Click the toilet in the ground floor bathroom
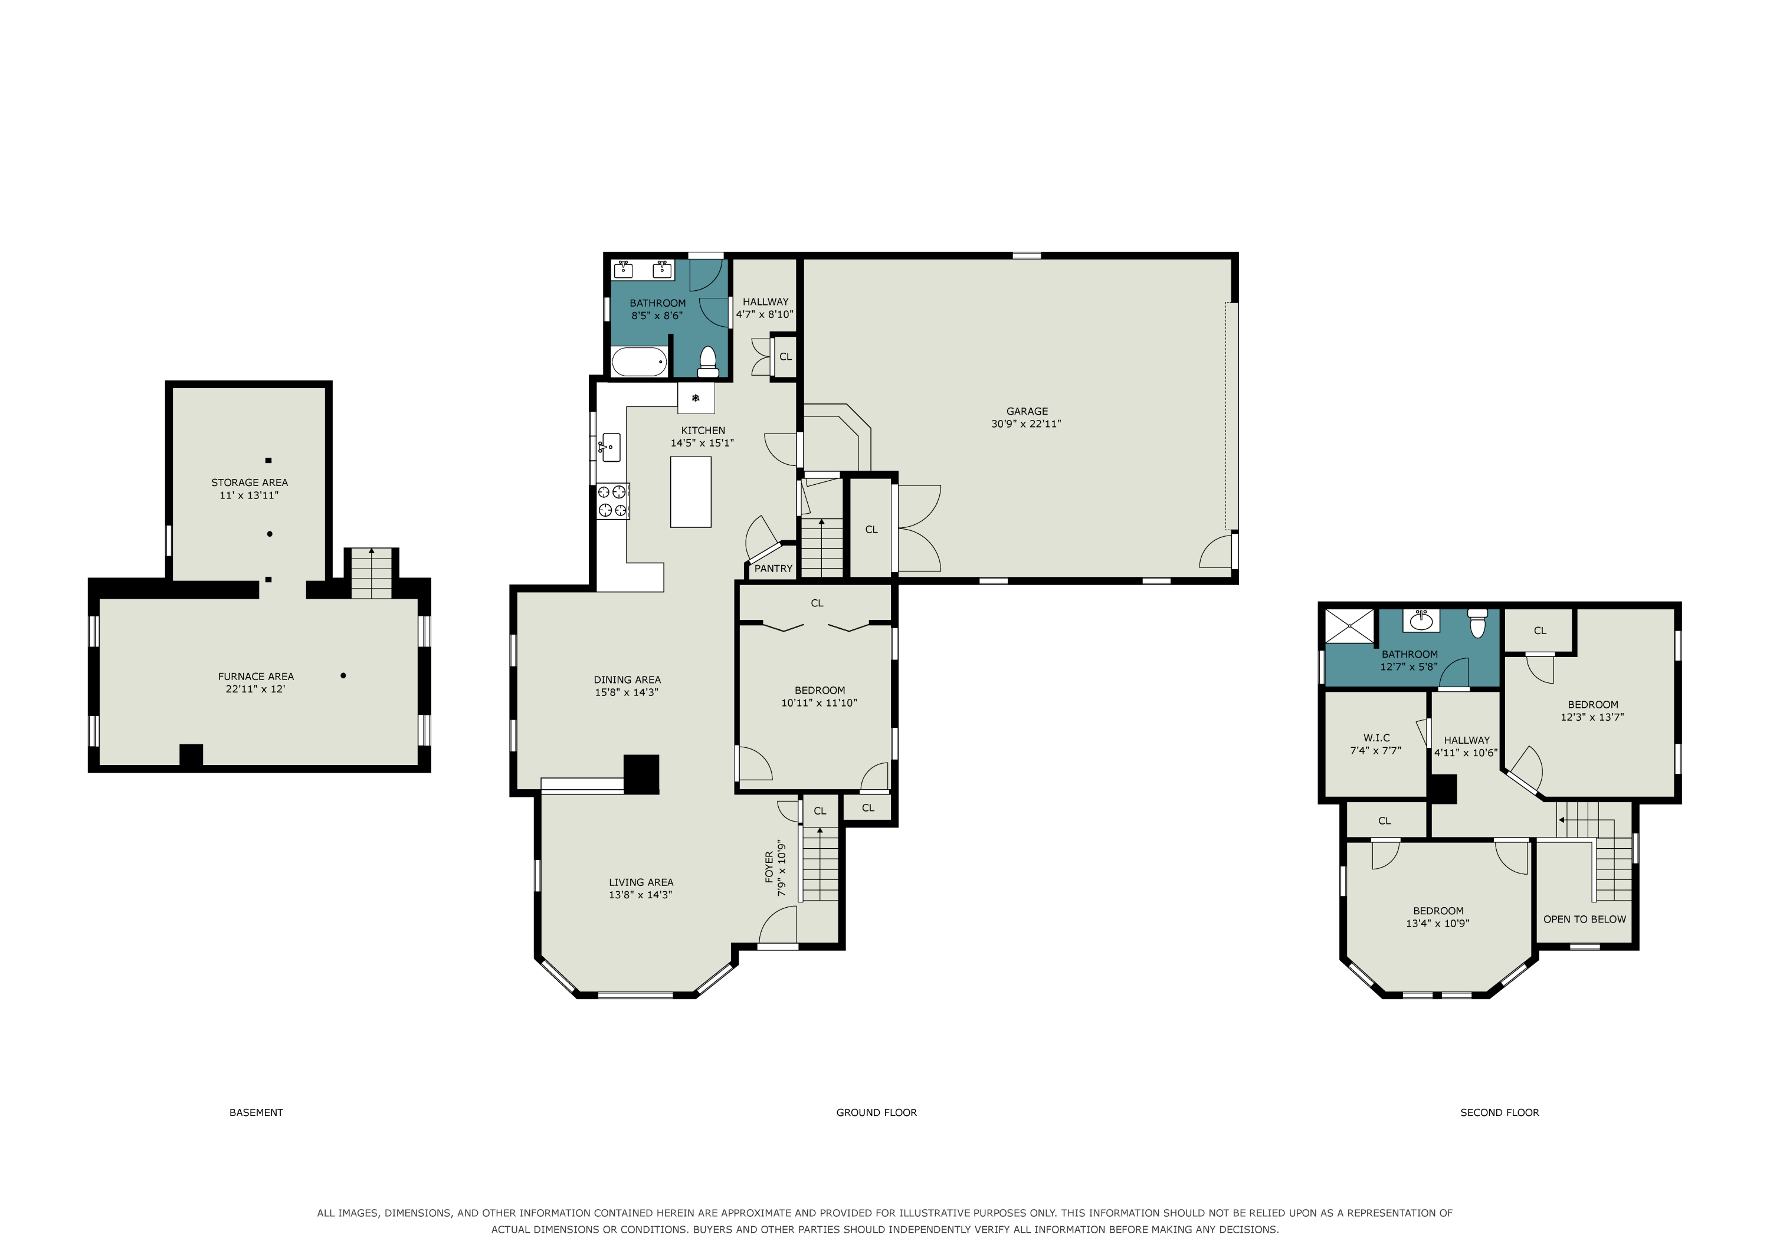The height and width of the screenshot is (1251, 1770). pos(707,362)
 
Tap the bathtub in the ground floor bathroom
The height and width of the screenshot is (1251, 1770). pos(639,362)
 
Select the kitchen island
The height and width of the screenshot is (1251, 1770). pos(691,492)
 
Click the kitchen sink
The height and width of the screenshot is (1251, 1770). pos(611,448)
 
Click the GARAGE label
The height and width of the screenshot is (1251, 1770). pos(1027,412)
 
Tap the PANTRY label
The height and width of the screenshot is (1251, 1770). pos(773,569)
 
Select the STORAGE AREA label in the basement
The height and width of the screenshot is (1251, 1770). pos(250,482)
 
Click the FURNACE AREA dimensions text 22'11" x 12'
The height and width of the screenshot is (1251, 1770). pos(255,689)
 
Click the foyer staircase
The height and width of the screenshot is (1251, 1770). pos(820,864)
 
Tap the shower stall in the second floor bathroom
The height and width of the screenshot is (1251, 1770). pos(1350,626)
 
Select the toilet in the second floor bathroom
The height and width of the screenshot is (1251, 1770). pos(1477,623)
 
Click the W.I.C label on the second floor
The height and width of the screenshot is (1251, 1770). pos(1376,738)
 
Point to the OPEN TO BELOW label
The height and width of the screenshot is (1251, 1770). pos(1584,920)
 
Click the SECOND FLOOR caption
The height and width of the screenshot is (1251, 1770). pos(1499,1112)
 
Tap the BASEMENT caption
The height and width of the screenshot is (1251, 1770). pos(256,1112)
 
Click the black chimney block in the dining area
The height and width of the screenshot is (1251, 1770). pos(641,774)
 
